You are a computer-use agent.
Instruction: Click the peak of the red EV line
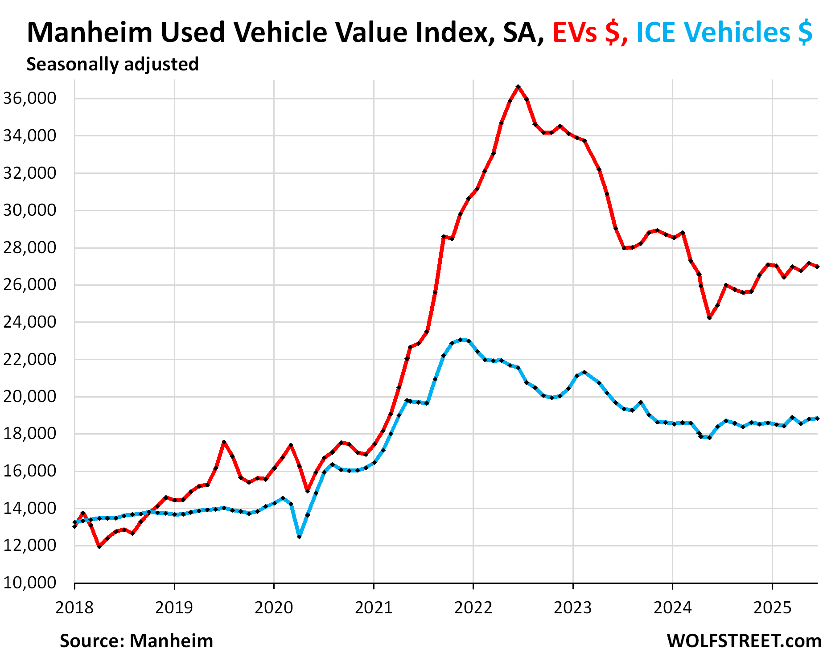(518, 87)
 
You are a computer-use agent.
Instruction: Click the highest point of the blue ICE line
(461, 340)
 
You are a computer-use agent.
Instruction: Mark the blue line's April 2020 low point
(299, 536)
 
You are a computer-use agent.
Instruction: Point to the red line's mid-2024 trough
(709, 317)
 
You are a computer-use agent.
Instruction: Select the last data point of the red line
(817, 267)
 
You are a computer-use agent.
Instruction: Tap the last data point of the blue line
(817, 419)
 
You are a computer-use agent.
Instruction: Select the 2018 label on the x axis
(74, 607)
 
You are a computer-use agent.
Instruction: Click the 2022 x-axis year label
(473, 607)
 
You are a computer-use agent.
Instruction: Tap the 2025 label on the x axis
(772, 607)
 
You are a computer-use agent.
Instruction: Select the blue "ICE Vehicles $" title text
(724, 33)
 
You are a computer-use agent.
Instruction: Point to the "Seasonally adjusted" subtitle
(112, 64)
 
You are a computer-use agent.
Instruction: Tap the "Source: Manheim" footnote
(136, 641)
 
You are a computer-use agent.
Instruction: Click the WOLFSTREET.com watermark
(744, 641)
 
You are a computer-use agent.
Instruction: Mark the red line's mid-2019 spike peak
(224, 442)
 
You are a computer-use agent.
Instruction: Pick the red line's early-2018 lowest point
(99, 546)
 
